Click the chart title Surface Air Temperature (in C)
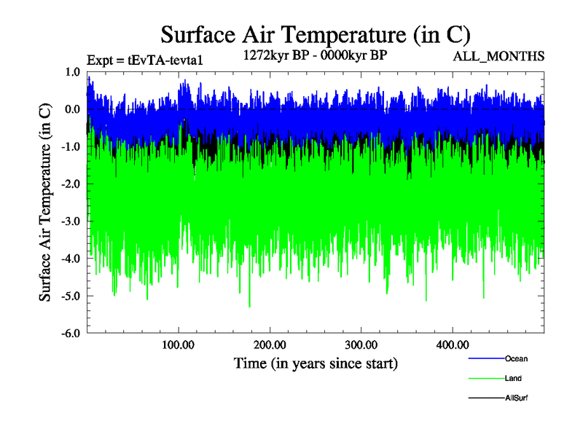pyautogui.click(x=316, y=34)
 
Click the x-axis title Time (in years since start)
pyautogui.click(x=316, y=362)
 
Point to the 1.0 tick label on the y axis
pyautogui.click(x=72, y=72)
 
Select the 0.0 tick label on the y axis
pyautogui.click(x=72, y=109)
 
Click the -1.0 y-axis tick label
pyautogui.click(x=71, y=146)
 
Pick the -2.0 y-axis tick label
pyautogui.click(x=71, y=184)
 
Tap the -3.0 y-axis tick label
pyautogui.click(x=71, y=221)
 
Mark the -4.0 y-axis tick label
pyautogui.click(x=71, y=259)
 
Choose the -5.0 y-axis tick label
pyautogui.click(x=71, y=296)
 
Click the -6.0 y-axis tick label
pyautogui.click(x=71, y=333)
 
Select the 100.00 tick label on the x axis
pyautogui.click(x=179, y=344)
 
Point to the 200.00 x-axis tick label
pyautogui.click(x=270, y=344)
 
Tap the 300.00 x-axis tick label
pyautogui.click(x=361, y=344)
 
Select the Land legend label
pyautogui.click(x=513, y=379)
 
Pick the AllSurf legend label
pyautogui.click(x=516, y=398)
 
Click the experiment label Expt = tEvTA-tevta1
pyautogui.click(x=144, y=60)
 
